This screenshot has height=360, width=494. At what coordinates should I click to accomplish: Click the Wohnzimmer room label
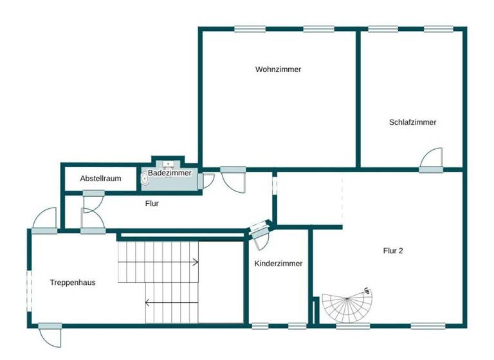[278, 69]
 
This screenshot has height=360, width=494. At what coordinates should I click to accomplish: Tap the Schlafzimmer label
[412, 122]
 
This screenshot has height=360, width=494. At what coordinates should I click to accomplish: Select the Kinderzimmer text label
[278, 264]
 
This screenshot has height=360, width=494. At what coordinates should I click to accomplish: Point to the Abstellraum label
[100, 179]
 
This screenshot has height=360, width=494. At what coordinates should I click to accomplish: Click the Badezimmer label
[169, 174]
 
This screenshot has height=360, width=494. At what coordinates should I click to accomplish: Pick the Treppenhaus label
[73, 282]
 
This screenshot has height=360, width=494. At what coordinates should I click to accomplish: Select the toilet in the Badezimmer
[145, 181]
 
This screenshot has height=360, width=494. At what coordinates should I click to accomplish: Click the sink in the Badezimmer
[167, 165]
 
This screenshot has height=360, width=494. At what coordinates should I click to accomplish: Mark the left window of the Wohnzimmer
[250, 28]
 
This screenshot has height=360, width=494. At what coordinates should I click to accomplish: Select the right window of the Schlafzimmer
[438, 28]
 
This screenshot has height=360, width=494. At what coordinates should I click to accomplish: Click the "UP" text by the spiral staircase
[367, 291]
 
